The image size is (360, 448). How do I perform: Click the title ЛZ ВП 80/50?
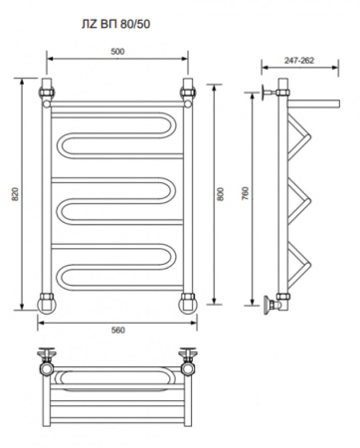116,24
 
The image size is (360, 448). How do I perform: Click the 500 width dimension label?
117,52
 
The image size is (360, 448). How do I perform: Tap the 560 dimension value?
118,331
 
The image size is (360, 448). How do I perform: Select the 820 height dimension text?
15,194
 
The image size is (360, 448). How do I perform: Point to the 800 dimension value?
221,194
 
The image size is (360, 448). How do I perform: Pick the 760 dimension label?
245,193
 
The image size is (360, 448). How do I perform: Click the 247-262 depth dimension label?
299,61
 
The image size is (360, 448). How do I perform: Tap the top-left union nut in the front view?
47,93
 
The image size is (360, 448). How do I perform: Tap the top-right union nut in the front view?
188,93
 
